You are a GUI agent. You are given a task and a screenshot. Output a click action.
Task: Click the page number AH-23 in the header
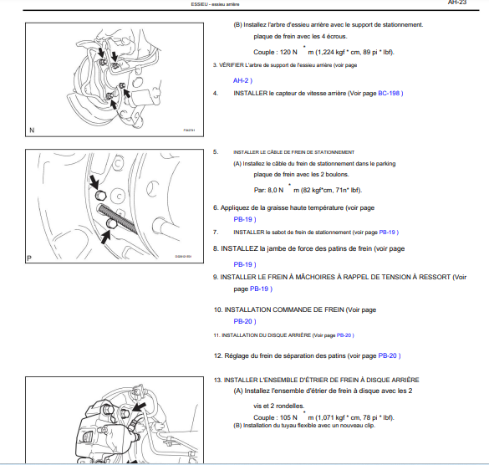[x=457, y=3]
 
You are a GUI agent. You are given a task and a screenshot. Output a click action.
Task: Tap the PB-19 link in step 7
[x=387, y=232]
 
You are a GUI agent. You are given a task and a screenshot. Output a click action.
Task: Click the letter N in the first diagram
[x=32, y=130]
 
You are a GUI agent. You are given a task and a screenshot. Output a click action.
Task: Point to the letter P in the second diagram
[x=29, y=258]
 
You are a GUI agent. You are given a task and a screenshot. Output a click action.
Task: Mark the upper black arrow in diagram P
[x=94, y=181]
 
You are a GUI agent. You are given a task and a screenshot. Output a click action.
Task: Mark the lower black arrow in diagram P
[x=105, y=238]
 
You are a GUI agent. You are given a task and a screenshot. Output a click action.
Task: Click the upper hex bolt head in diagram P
[x=101, y=196]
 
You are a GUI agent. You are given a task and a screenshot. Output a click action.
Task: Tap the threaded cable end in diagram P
[x=117, y=218]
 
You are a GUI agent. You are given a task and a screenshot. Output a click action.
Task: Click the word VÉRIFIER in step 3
[x=232, y=65]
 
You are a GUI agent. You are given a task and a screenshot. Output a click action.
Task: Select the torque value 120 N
[x=275, y=52]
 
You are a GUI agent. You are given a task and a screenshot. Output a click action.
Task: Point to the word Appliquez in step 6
[x=234, y=208]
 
